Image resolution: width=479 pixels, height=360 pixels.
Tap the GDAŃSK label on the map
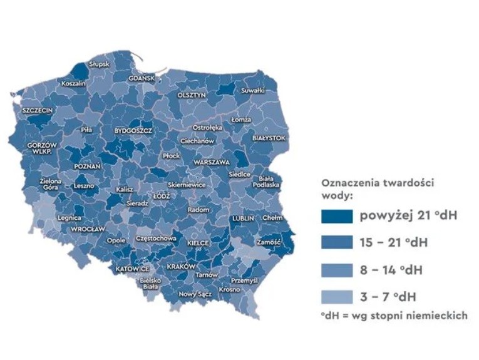(x=141, y=78)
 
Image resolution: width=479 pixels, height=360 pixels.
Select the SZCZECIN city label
(x=38, y=110)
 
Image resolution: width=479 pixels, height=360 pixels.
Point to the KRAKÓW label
(x=182, y=266)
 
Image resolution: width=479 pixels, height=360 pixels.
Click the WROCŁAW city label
(x=88, y=229)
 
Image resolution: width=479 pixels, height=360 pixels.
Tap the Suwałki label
(x=253, y=91)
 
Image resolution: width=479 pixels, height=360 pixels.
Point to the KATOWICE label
(x=132, y=269)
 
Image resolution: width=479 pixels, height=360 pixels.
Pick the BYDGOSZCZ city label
(x=133, y=130)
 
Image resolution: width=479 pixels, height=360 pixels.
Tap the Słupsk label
(x=99, y=64)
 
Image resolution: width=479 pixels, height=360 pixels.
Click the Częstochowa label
(x=155, y=239)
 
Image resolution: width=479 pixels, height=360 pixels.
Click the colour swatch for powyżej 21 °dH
(x=337, y=217)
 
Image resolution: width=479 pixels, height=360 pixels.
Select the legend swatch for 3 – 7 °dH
(x=337, y=297)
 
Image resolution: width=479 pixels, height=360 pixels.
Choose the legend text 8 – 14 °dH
(x=390, y=270)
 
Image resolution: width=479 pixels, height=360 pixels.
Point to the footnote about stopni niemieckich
(x=393, y=316)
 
